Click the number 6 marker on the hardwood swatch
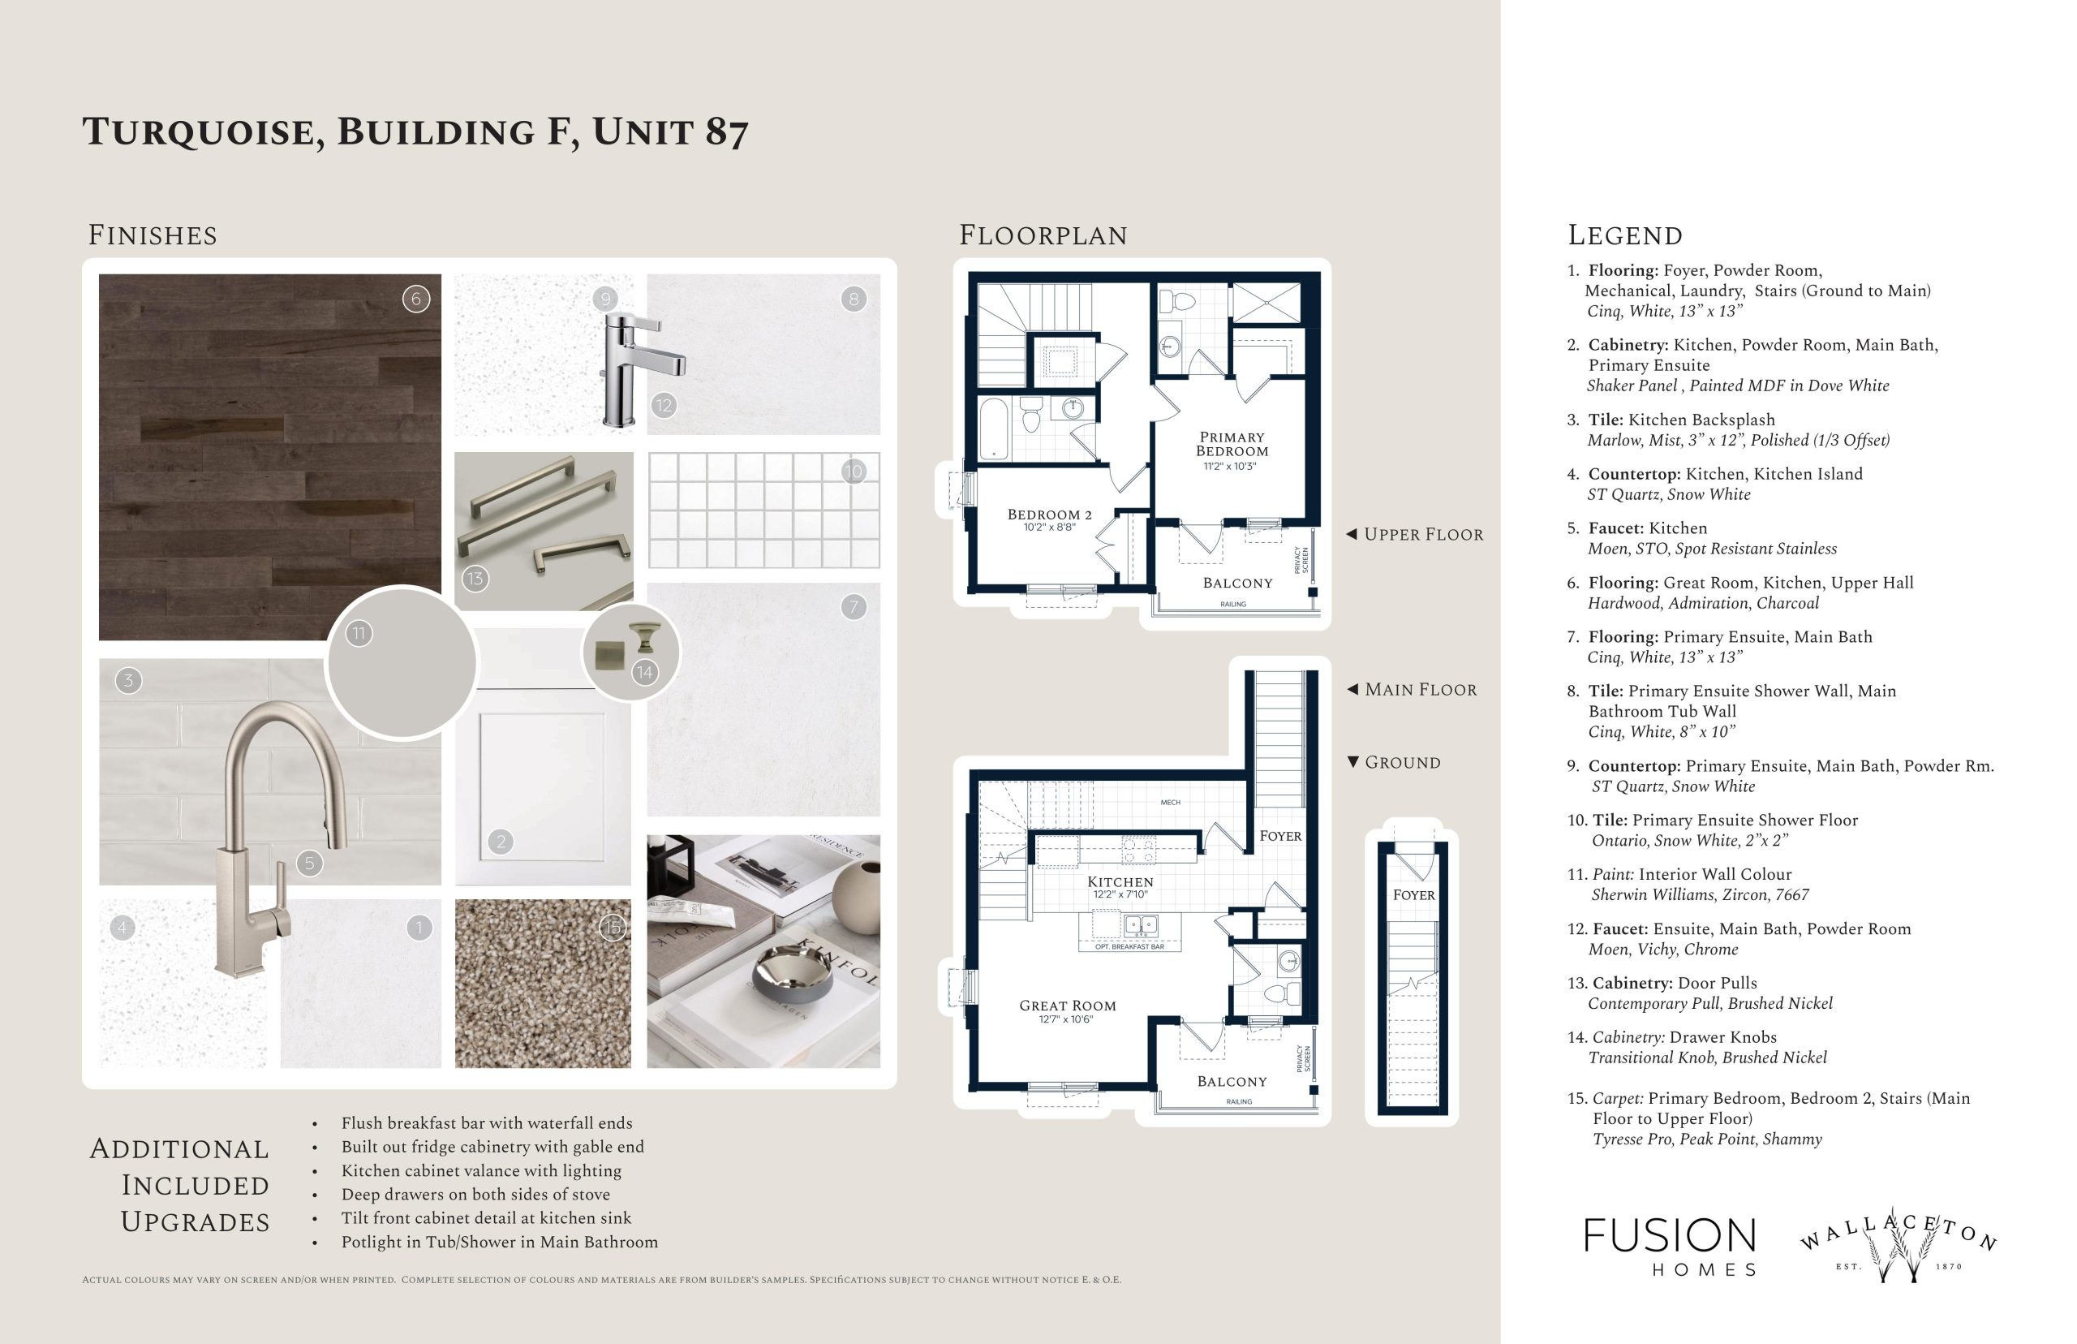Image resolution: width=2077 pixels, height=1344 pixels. point(416,299)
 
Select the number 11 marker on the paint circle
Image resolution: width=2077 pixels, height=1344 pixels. point(359,634)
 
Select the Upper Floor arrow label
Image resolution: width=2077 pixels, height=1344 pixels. point(1414,534)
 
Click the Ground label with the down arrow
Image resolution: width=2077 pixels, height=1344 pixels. point(1394,763)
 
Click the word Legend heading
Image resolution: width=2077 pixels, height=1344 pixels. point(1625,235)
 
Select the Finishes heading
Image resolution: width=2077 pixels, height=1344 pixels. point(153,235)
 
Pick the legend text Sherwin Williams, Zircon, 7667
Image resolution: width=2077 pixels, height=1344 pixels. point(1701,894)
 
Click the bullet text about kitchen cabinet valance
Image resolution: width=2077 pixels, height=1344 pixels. point(481,1170)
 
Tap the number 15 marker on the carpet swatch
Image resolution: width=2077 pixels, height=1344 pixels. point(613,927)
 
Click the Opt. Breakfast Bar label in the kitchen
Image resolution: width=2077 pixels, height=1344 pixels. point(1129,947)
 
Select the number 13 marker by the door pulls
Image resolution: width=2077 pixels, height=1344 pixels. point(475,579)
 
